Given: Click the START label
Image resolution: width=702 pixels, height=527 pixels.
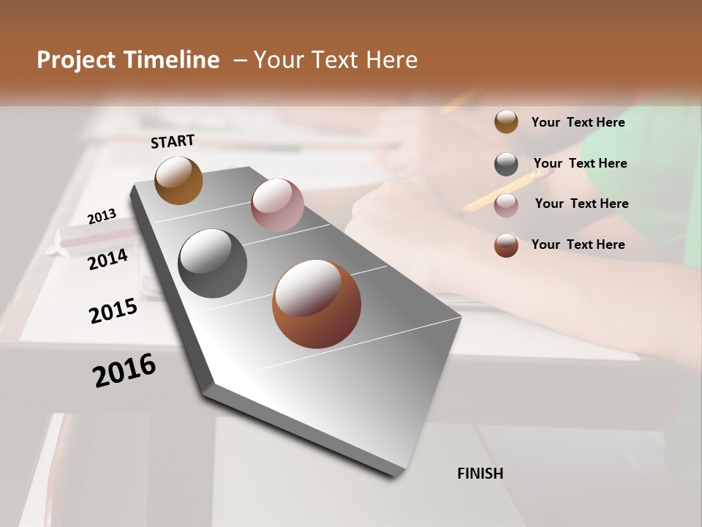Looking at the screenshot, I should pyautogui.click(x=173, y=141).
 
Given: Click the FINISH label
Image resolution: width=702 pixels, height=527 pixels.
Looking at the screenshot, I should pyautogui.click(x=480, y=474).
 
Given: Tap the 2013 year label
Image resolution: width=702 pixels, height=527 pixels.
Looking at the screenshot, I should pyautogui.click(x=102, y=217).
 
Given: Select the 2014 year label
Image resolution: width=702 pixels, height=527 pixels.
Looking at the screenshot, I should pyautogui.click(x=107, y=260).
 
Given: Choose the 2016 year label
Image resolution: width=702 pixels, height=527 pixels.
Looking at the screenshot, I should pyautogui.click(x=124, y=370).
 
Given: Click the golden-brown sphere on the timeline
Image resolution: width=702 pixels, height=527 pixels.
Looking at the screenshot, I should pyautogui.click(x=178, y=180).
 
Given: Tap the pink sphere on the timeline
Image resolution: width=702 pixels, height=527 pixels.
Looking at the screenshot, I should pyautogui.click(x=277, y=204).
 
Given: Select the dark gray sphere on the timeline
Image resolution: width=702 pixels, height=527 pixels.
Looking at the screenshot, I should pyautogui.click(x=212, y=263).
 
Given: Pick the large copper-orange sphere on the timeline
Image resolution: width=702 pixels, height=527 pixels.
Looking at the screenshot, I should pyautogui.click(x=317, y=304).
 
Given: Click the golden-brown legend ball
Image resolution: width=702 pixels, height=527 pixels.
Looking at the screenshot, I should pyautogui.click(x=506, y=122).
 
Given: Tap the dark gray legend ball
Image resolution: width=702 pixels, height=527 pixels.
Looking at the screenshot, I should pyautogui.click(x=506, y=164).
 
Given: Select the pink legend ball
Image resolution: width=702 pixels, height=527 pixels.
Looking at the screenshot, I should pyautogui.click(x=506, y=205).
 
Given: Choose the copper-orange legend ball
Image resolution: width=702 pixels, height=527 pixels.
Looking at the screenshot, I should pyautogui.click(x=506, y=245).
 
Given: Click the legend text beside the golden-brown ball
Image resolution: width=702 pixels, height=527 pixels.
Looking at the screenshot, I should pyautogui.click(x=578, y=122).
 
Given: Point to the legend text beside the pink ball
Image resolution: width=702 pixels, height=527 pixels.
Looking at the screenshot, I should pyautogui.click(x=581, y=203).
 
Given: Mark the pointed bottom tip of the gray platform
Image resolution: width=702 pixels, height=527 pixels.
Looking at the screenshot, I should pyautogui.click(x=395, y=477).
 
